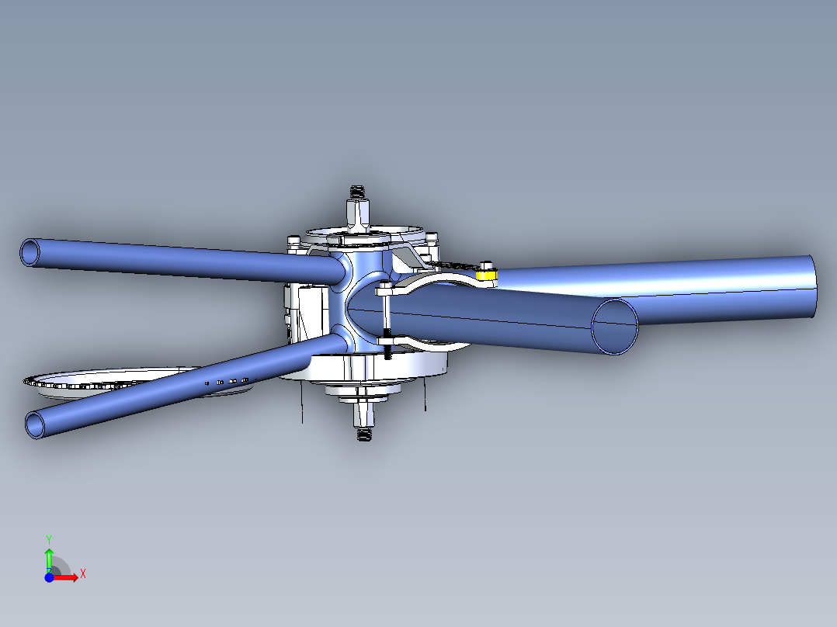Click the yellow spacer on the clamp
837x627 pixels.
coord(486,274)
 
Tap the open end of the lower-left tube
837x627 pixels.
coord(36,424)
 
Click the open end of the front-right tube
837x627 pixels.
coord(615,326)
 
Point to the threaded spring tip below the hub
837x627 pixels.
coord(363,435)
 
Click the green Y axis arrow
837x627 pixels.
coord(48,556)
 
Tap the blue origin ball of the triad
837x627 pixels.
coord(49,577)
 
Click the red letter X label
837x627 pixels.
coord(82,573)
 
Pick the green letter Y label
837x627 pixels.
coord(48,538)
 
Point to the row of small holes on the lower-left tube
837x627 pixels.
coord(226,382)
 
